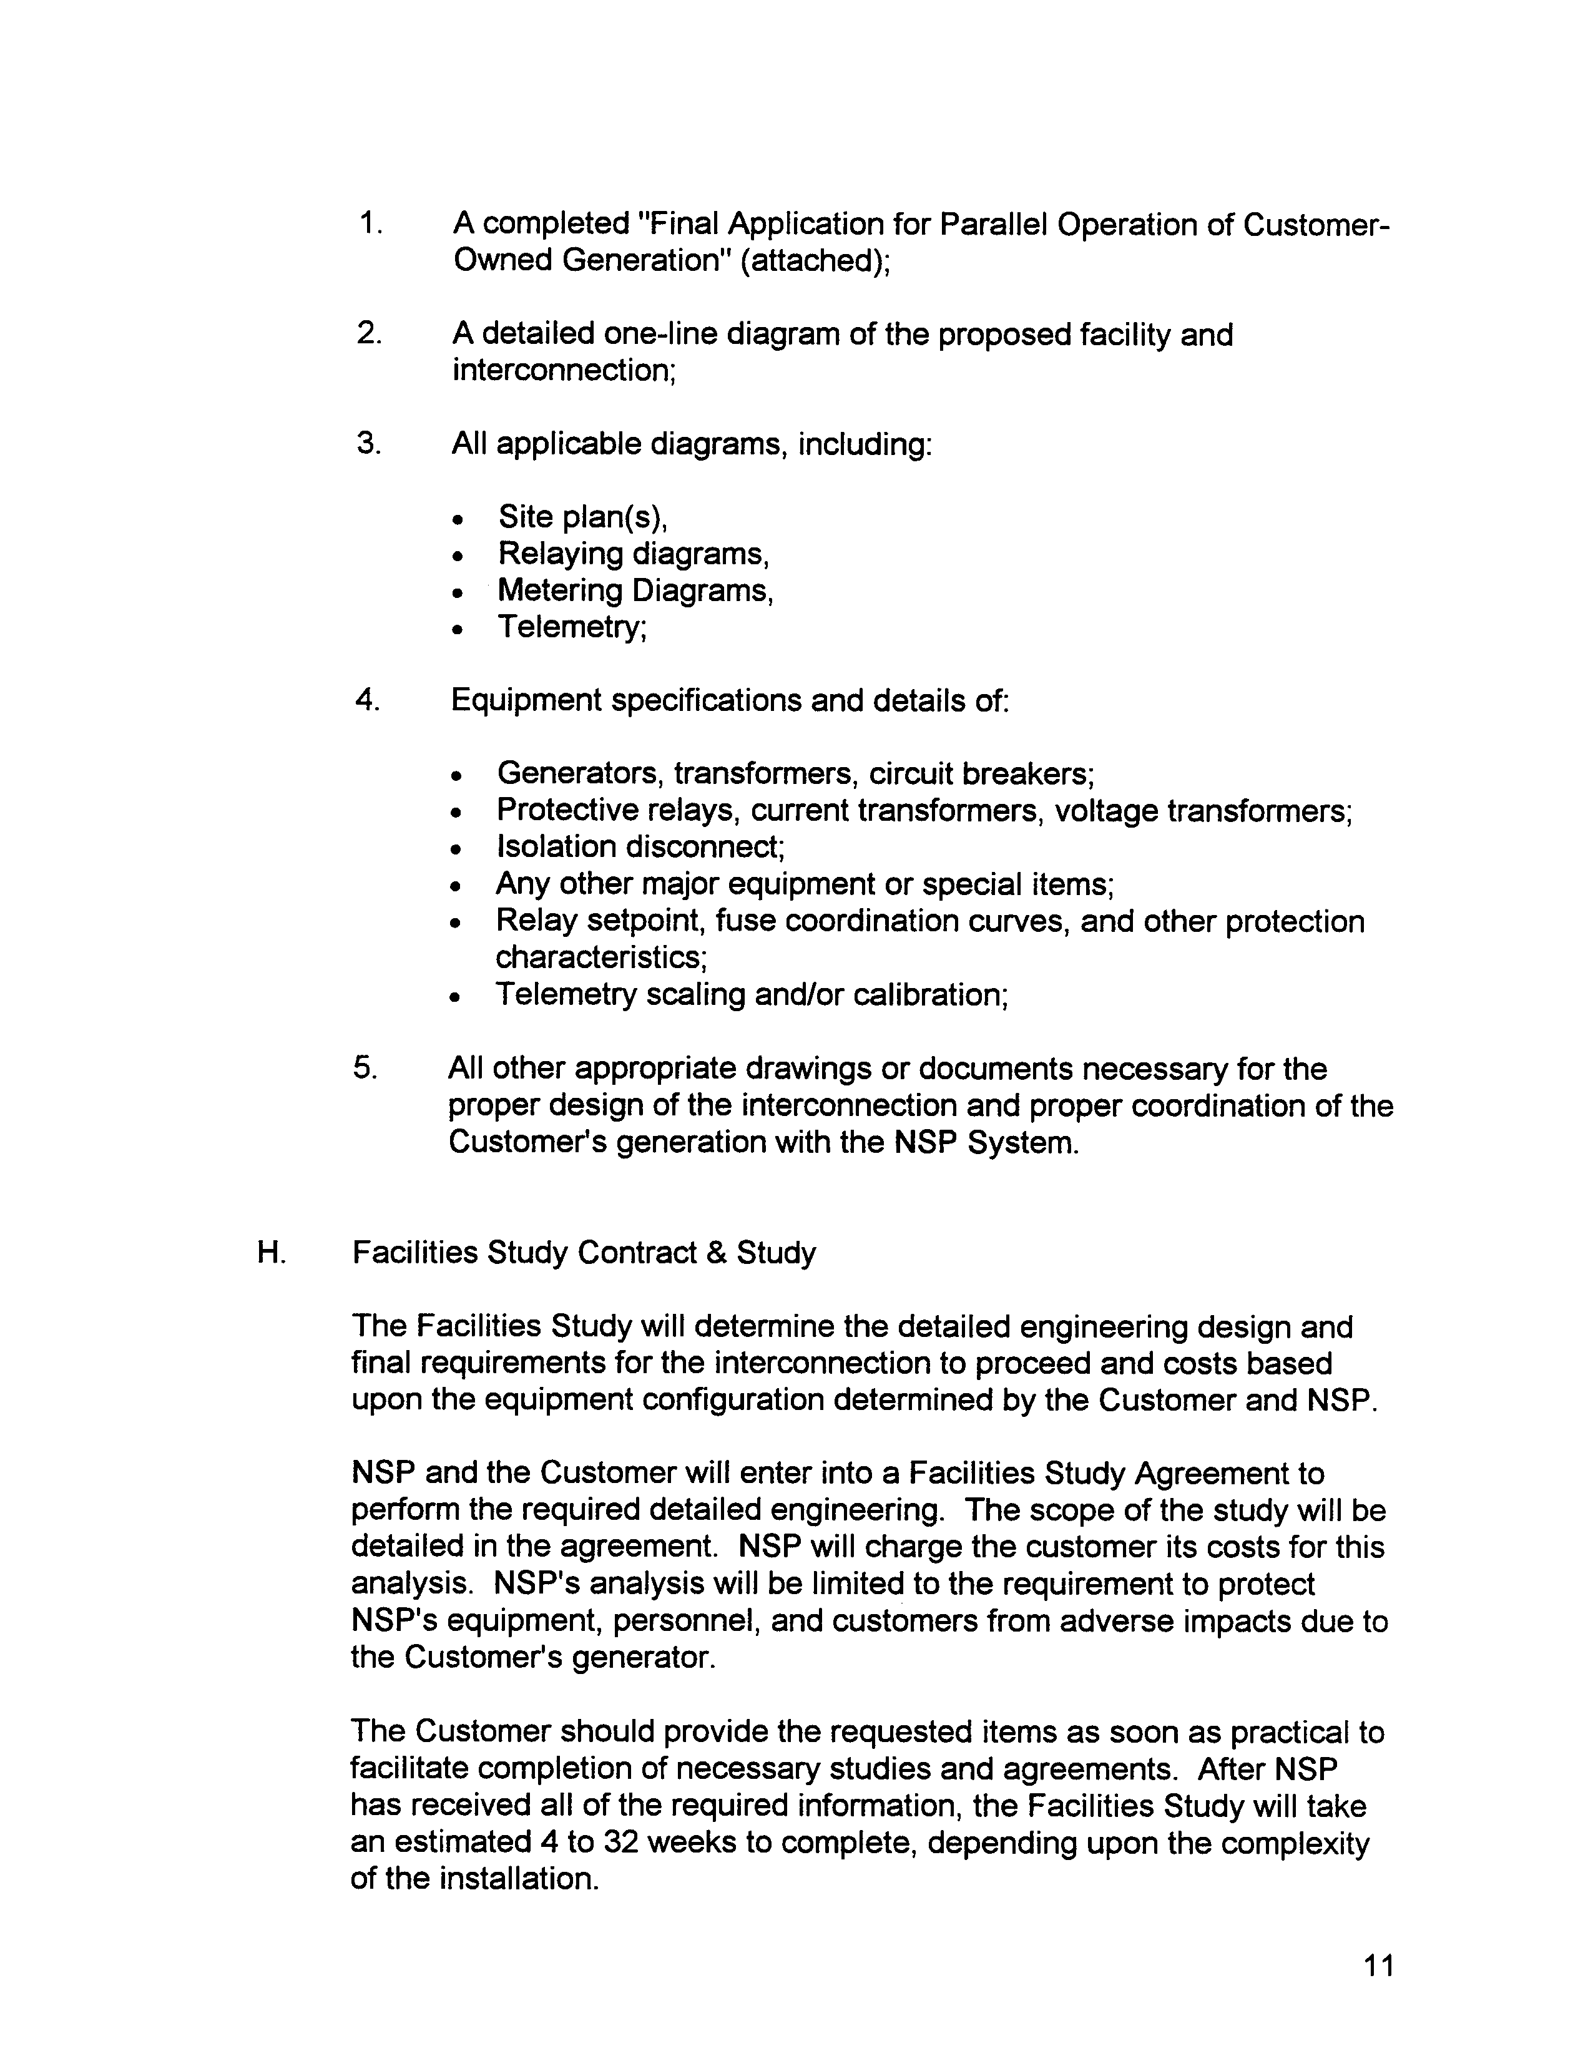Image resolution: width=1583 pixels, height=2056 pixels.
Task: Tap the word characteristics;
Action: [602, 958]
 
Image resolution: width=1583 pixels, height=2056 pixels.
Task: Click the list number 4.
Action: [367, 700]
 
